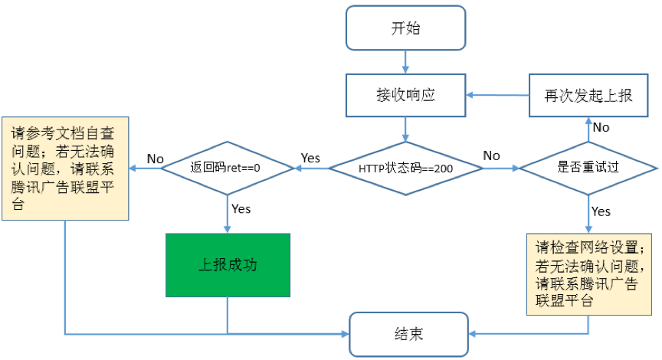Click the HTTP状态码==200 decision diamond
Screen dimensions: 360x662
[x=405, y=167]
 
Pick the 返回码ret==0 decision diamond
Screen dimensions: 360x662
[x=228, y=167]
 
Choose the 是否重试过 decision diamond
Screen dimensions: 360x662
[x=588, y=167]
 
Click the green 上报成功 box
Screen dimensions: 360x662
[x=228, y=265]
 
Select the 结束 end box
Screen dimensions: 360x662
[x=408, y=334]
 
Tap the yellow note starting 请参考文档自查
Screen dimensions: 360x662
[x=65, y=166]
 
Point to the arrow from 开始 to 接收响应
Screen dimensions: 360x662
[x=405, y=62]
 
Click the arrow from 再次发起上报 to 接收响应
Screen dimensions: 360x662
[x=498, y=95]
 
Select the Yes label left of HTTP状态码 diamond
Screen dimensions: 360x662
[x=310, y=157]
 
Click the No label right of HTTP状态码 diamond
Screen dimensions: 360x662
[x=491, y=155]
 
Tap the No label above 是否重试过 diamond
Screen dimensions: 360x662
[x=601, y=127]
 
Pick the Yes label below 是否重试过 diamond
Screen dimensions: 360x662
[x=601, y=211]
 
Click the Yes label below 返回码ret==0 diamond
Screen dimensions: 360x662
[x=241, y=208]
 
